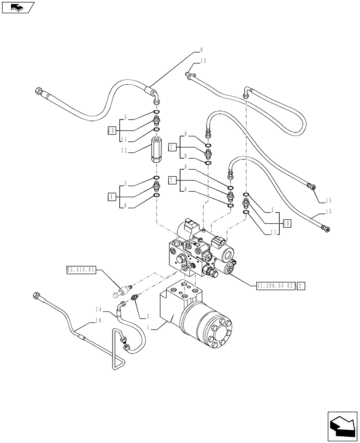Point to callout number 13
point(203,61)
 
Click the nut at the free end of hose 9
point(38,92)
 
